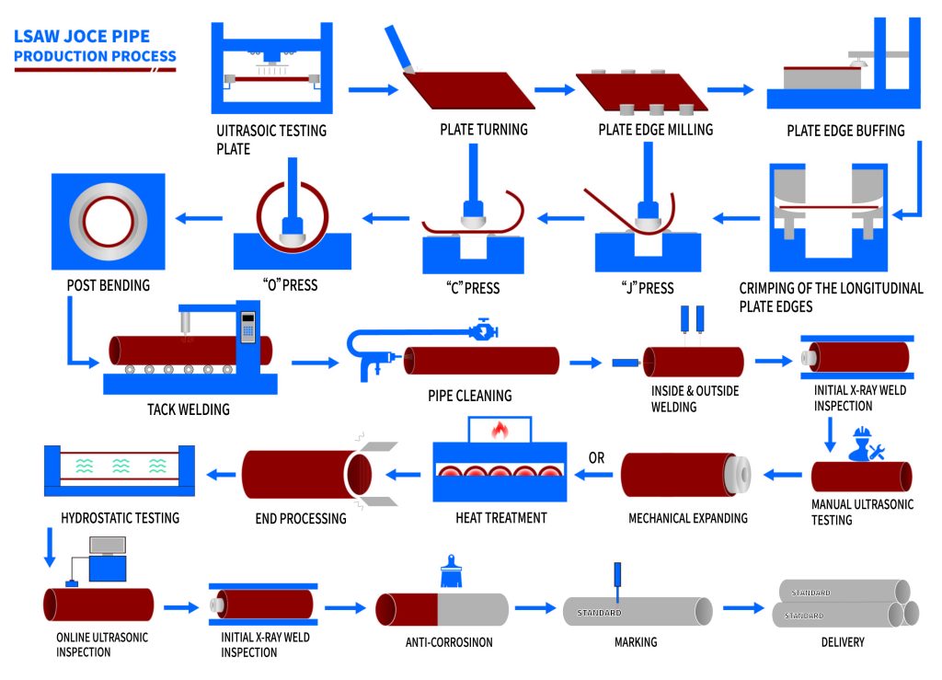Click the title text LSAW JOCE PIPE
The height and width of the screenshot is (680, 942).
coord(80,38)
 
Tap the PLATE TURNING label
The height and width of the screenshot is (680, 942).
coord(483,130)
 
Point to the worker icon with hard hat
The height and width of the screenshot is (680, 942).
coord(863,444)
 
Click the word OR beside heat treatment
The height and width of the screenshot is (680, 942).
coord(596,457)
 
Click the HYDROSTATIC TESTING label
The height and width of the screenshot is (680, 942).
coord(120,518)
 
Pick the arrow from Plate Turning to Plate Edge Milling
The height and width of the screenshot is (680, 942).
coord(554,89)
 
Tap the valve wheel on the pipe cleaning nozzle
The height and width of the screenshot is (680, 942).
coord(482,327)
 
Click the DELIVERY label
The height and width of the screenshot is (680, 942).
coord(842,642)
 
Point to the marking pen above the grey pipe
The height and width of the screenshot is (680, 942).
coord(617,580)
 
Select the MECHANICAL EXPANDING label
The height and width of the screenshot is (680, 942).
coord(687,518)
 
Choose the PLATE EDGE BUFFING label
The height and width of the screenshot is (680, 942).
coord(844,131)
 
